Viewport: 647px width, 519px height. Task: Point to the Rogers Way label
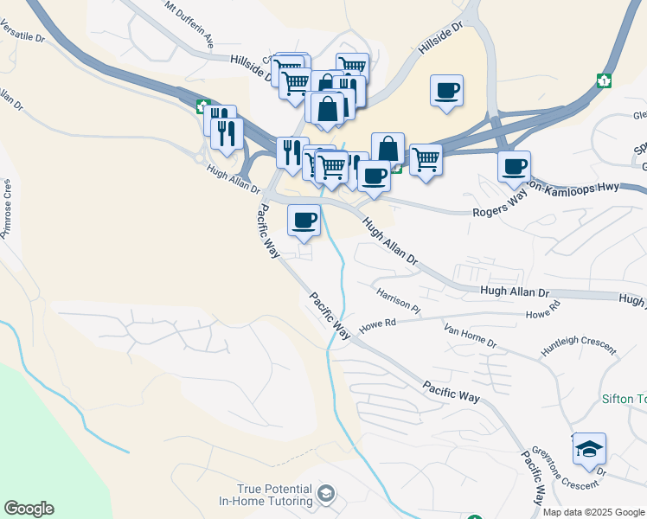point(499,207)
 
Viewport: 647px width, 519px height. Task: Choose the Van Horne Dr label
point(470,337)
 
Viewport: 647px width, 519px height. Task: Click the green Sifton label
point(624,400)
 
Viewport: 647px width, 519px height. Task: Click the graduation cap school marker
point(589,449)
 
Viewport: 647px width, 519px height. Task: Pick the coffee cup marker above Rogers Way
point(514,165)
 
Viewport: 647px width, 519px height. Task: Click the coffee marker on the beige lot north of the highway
point(446,90)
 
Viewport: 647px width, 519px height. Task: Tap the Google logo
point(29,509)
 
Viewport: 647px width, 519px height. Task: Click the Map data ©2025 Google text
point(593,512)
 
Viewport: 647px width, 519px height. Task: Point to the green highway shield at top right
point(603,80)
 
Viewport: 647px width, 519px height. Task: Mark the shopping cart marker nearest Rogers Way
point(425,158)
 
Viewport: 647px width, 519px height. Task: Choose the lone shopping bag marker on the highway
point(388,148)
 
